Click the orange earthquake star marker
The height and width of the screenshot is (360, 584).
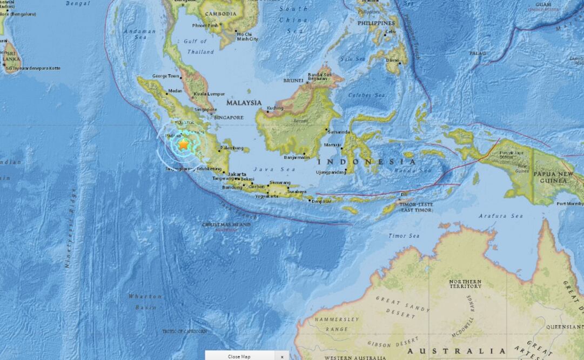pos(184,144)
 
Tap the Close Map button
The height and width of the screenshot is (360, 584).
pos(239,356)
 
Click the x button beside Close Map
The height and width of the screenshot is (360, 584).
pos(281,356)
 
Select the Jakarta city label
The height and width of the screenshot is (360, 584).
pos(238,174)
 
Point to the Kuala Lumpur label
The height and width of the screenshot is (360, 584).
pos(209,94)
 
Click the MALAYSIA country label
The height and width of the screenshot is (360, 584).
pos(244,103)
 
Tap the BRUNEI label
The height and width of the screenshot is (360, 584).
pos(294,81)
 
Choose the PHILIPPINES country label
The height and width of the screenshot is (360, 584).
pos(376,24)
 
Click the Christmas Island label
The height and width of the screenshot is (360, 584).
pos(226,224)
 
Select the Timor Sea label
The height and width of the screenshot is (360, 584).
pos(404,236)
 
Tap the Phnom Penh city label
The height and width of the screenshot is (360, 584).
pos(205,25)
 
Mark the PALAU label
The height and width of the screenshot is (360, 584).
pos(478,53)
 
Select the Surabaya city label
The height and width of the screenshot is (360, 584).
pos(297,191)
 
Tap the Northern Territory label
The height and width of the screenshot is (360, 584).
pos(465,284)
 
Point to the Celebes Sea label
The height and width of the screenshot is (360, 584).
pos(366,95)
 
